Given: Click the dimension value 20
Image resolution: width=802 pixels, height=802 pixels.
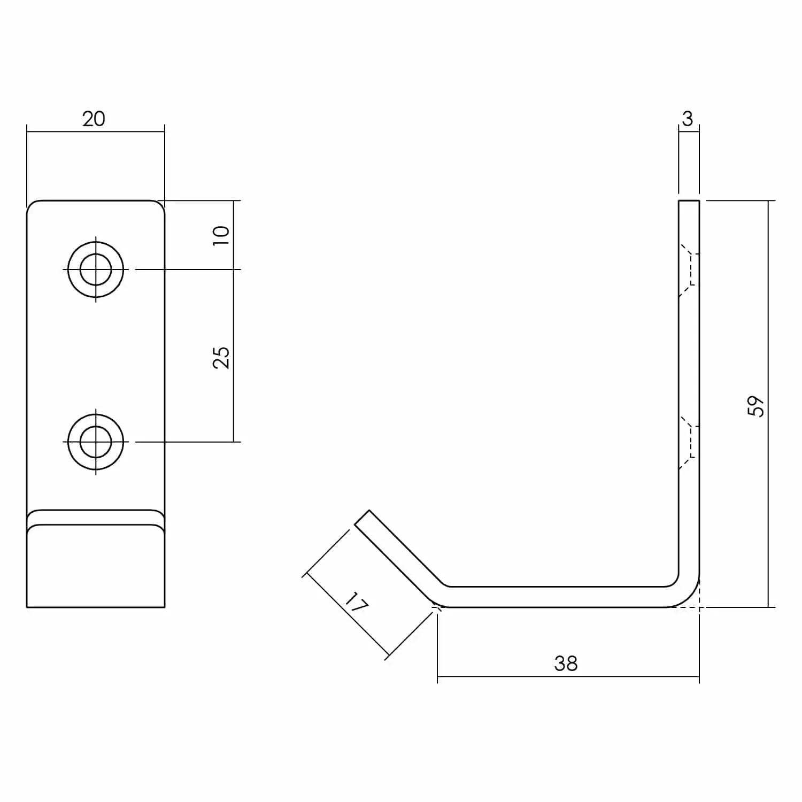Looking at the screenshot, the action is tap(94, 119).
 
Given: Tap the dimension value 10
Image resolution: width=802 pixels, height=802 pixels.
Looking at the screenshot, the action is tap(221, 235).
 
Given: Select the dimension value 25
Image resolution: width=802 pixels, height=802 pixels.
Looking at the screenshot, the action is tap(221, 357).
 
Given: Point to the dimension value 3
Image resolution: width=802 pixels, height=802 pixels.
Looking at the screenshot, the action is tap(688, 119).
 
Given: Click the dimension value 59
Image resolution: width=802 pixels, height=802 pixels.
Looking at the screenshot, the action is tap(757, 406).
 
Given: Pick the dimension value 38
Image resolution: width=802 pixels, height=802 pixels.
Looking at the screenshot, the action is tap(566, 664).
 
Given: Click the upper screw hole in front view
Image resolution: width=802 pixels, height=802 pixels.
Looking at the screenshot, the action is tap(96, 269).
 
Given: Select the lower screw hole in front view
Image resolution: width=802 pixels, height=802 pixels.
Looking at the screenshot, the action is tap(96, 442).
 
